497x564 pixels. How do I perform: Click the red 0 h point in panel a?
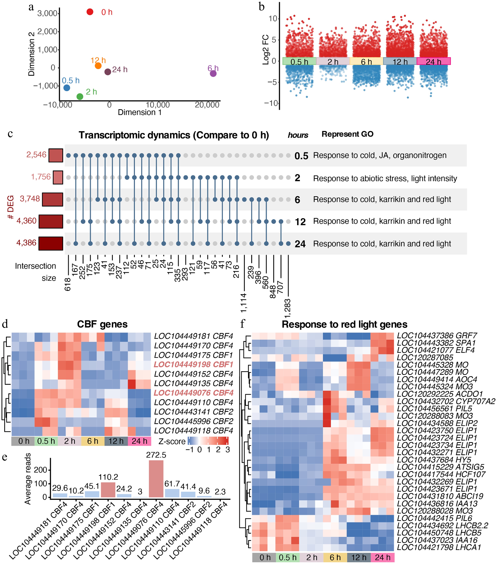point(90,12)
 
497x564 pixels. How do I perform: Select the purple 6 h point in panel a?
point(213,73)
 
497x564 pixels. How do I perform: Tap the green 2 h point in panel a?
point(80,96)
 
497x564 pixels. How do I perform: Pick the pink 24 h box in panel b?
point(433,61)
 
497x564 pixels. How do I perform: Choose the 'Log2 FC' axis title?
point(265,50)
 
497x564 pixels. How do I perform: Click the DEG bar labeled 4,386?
point(51,243)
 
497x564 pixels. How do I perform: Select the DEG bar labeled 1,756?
point(58,177)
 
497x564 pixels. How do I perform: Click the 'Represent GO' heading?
point(347,134)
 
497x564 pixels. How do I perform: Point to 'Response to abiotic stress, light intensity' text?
point(385,179)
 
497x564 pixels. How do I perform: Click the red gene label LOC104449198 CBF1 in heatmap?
point(194,365)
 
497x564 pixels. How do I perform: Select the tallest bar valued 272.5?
point(156,479)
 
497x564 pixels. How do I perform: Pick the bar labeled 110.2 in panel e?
point(108,490)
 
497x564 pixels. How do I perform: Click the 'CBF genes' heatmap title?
point(102,324)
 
